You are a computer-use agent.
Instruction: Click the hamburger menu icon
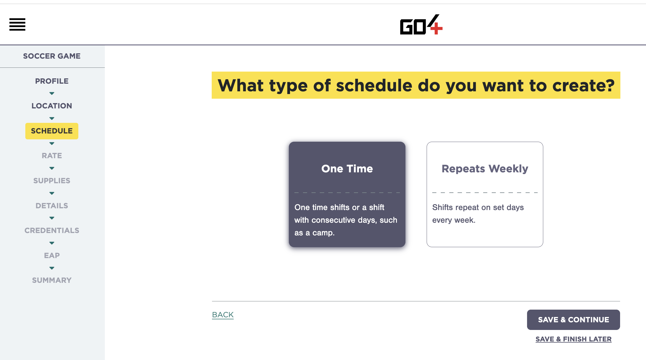click(17, 24)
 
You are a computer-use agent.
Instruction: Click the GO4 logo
click(421, 25)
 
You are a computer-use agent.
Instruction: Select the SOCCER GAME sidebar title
click(52, 56)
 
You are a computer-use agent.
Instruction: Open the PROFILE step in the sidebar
click(52, 81)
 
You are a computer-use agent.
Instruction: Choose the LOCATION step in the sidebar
click(52, 106)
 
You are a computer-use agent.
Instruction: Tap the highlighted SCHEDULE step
click(52, 131)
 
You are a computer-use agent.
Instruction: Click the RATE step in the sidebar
click(52, 156)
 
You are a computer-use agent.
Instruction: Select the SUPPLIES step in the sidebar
click(52, 181)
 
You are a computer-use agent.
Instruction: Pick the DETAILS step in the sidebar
click(52, 206)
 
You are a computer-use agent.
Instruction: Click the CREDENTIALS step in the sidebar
click(52, 230)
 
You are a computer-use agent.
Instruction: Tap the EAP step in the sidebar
click(52, 255)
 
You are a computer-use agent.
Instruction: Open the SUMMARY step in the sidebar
click(52, 280)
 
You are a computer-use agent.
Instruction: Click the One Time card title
click(347, 169)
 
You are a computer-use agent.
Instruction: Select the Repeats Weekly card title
click(485, 169)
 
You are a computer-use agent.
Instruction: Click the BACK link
click(223, 315)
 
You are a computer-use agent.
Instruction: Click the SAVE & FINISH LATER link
click(573, 339)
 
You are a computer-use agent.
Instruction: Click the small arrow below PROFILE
click(52, 93)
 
